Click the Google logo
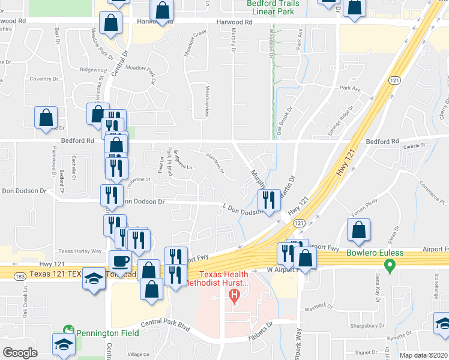20,353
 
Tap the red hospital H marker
234,295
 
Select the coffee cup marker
120,262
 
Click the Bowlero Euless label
375,253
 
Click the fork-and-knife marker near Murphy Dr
268,200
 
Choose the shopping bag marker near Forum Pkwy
358,231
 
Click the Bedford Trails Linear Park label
272,7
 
